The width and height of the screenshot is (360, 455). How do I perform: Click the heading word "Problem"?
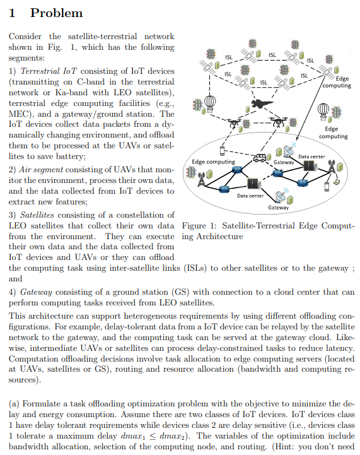point(56,13)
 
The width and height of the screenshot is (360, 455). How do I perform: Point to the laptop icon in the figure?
point(337,182)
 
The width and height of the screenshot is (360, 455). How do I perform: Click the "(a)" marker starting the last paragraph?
point(15,403)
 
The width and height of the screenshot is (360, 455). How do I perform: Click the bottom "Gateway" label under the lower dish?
point(279,207)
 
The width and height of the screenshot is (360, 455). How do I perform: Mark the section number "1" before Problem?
point(13,13)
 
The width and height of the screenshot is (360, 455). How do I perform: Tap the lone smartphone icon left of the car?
point(223,151)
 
